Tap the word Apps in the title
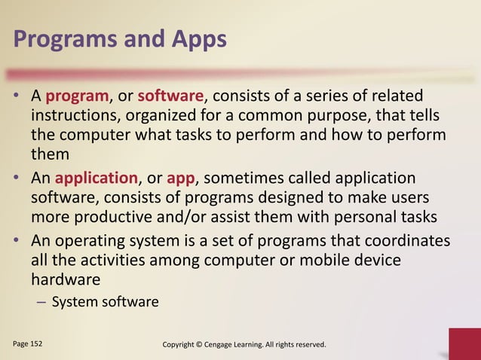(x=198, y=38)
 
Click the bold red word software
(x=170, y=97)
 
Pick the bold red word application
(x=97, y=178)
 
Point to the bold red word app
(x=181, y=178)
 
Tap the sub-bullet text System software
(x=105, y=303)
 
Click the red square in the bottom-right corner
(x=464, y=345)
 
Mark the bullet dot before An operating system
(x=17, y=241)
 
